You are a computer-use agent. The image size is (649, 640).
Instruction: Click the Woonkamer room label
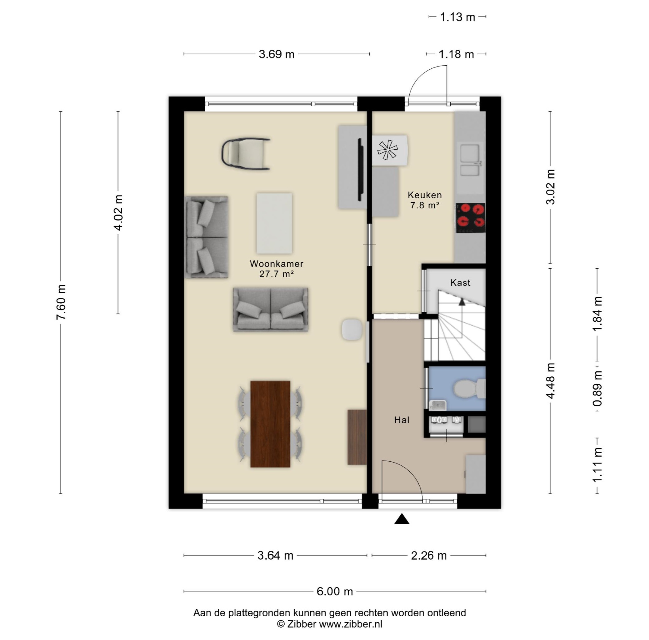pos(277,264)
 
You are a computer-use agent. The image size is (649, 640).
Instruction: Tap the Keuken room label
pos(425,195)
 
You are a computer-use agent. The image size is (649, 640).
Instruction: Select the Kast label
pos(460,283)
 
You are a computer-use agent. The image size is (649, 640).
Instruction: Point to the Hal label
pos(402,420)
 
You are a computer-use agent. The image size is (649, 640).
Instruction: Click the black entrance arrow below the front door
pos(402,519)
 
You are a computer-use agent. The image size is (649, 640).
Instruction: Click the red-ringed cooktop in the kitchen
pos(470,218)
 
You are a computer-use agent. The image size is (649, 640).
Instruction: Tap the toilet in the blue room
pos(470,389)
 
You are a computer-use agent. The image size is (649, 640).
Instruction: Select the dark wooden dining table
pos(270,424)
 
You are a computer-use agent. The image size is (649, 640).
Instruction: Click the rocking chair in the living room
pos(246,153)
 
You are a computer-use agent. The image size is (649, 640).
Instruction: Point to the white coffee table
pos(274,223)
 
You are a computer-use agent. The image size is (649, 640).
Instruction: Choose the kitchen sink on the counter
pos(470,160)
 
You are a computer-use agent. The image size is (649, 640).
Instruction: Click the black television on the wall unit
pos(361,170)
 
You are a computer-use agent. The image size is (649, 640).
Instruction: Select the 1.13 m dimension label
pos(457,17)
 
